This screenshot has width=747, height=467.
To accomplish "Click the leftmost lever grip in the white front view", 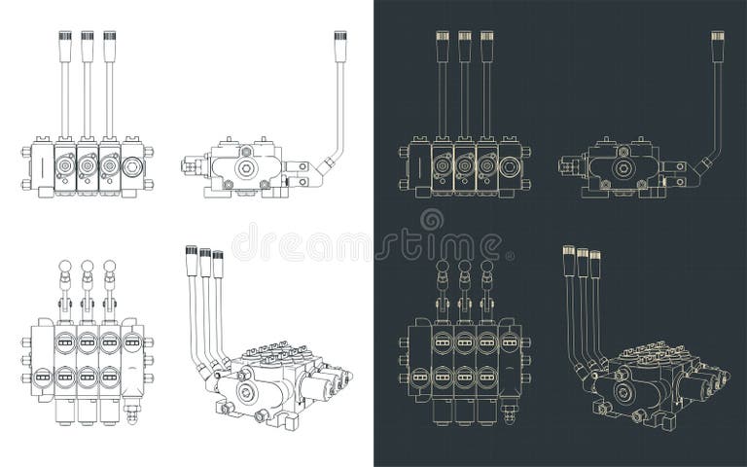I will [x=63, y=45].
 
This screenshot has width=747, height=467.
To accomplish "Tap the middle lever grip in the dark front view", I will [x=464, y=45].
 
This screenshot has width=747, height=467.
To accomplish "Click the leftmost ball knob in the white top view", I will [x=64, y=267].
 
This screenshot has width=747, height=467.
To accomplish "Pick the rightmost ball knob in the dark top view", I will [x=487, y=267].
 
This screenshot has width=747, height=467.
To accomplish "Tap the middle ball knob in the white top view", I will [x=87, y=267].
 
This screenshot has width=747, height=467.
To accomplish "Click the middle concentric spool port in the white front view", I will [x=87, y=167].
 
